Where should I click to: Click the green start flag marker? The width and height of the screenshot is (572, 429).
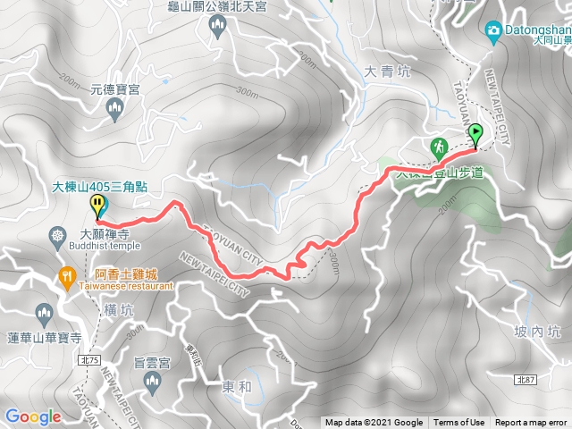pyautogui.click(x=475, y=135)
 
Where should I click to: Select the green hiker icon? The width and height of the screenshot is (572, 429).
pyautogui.click(x=439, y=147)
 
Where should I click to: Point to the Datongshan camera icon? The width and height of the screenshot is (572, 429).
pyautogui.click(x=492, y=32)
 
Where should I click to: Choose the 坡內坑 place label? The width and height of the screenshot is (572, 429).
pyautogui.click(x=541, y=332)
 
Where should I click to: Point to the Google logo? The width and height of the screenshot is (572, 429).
pyautogui.click(x=32, y=416)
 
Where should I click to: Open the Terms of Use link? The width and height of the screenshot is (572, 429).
pyautogui.click(x=459, y=423)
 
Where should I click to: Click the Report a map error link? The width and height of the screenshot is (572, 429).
pyautogui.click(x=531, y=423)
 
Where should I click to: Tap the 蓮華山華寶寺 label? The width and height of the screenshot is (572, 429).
pyautogui.click(x=45, y=338)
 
